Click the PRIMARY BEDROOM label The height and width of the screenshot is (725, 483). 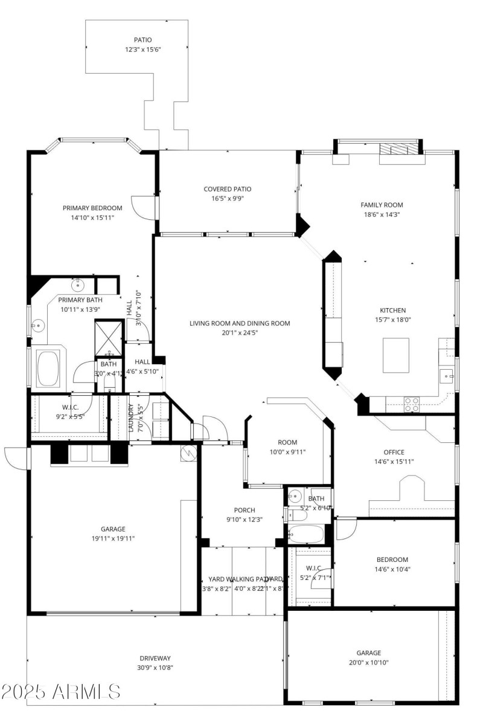92,208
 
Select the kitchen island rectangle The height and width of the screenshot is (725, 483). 396,355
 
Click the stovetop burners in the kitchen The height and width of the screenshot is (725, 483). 411,404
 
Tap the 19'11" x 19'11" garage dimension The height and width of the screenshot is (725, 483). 113,538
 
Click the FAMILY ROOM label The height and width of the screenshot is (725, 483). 382,205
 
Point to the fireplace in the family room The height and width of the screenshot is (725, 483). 398,149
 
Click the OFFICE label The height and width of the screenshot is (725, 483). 394,452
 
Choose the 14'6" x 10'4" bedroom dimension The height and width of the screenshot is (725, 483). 392,569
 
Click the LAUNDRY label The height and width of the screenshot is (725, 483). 132,418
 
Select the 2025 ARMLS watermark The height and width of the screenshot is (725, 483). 60,691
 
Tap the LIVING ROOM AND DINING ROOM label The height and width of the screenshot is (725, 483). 240,323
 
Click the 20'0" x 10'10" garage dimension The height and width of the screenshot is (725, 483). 368,662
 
